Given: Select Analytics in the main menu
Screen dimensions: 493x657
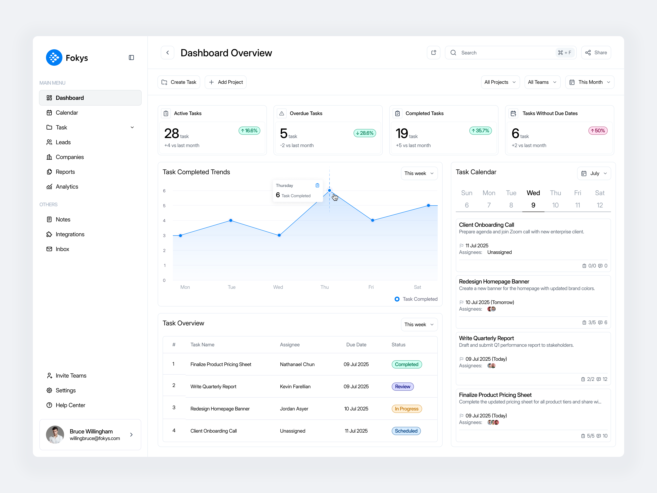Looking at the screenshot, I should coord(67,187).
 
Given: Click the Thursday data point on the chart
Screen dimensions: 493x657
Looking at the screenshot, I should coord(329,190).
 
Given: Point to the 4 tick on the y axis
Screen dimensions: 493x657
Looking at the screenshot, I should coord(164,220).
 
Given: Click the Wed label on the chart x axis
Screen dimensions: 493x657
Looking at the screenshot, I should coord(278,287).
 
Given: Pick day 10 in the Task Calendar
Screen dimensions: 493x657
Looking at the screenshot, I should coord(555,205).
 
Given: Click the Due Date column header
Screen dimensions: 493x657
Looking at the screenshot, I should coord(356,345).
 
